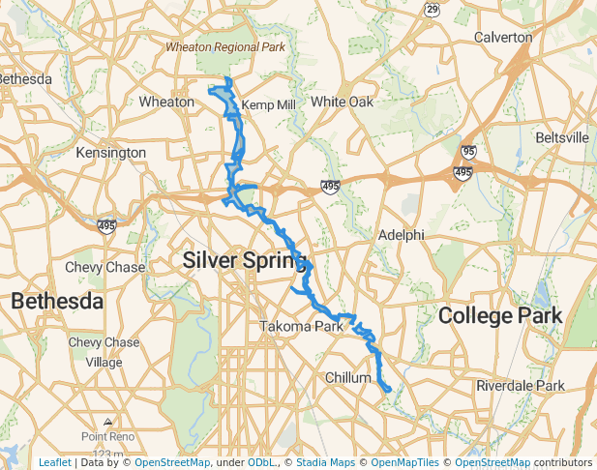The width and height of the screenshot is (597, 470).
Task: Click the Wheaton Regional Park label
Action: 224,45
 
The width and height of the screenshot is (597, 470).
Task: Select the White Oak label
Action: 342,102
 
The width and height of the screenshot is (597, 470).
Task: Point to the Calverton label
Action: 503,37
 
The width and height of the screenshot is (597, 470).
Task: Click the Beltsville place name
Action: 561,138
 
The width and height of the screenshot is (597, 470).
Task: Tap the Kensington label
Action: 112,153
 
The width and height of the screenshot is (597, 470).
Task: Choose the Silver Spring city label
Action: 244,259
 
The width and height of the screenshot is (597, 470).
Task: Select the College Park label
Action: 500,316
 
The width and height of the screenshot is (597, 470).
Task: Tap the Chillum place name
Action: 348,377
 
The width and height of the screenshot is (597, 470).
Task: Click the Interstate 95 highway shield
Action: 468,152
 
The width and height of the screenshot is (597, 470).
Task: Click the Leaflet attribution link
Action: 54,463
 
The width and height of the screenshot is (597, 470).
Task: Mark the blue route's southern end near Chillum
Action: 387,390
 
